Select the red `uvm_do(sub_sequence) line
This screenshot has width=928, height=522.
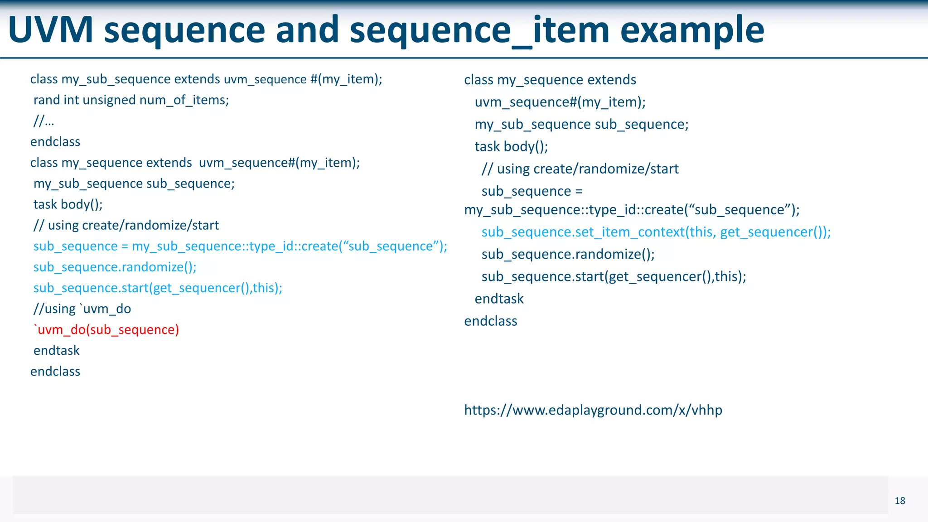pos(106,329)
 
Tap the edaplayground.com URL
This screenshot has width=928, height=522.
pos(593,410)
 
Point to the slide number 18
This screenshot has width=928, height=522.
pos(899,501)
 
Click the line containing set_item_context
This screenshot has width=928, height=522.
pos(656,232)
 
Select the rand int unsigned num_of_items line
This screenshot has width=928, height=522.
pos(131,100)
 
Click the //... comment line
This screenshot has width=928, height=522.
pos(43,121)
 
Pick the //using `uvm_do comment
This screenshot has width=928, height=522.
pos(82,309)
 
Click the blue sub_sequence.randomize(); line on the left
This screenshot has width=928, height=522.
pos(115,267)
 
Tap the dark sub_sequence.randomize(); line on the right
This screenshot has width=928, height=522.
pos(568,254)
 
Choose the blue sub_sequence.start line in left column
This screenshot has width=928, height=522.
pos(158,288)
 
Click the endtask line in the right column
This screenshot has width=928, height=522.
pos(499,299)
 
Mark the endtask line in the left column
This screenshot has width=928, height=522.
pos(57,350)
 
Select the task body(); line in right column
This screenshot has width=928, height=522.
pos(511,146)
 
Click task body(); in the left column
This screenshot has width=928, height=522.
pos(68,204)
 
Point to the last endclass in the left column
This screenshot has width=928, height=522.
pos(55,371)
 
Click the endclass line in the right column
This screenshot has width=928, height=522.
pos(490,321)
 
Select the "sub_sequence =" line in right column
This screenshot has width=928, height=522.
pos(532,191)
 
